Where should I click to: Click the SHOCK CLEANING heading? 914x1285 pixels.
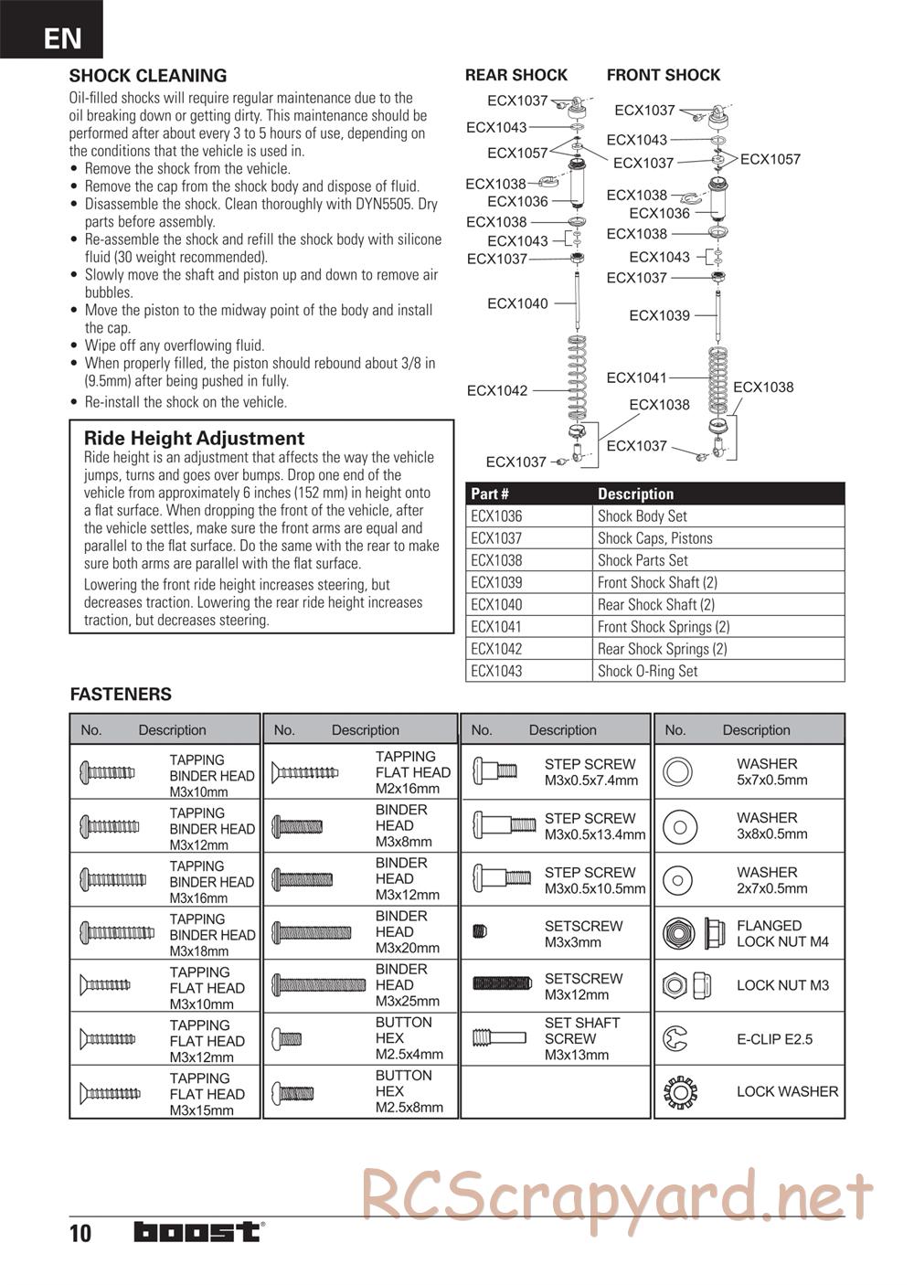148,76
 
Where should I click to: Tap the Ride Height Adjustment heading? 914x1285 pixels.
194,438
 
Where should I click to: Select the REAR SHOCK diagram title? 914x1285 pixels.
516,75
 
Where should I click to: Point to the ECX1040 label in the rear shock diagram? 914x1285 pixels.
517,303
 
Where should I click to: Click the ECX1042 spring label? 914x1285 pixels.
497,390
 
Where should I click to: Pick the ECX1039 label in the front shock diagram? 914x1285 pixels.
659,315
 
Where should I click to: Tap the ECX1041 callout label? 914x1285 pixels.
637,377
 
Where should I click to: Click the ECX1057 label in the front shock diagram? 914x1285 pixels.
770,159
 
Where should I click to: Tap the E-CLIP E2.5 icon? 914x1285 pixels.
677,1038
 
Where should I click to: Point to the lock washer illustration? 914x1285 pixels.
679,1091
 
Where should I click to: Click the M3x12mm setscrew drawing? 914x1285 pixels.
502,983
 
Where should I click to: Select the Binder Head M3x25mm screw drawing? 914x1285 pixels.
319,985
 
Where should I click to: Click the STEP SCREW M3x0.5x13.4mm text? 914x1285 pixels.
594,826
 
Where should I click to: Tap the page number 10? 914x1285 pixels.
80,1234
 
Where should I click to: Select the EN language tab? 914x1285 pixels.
62,37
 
